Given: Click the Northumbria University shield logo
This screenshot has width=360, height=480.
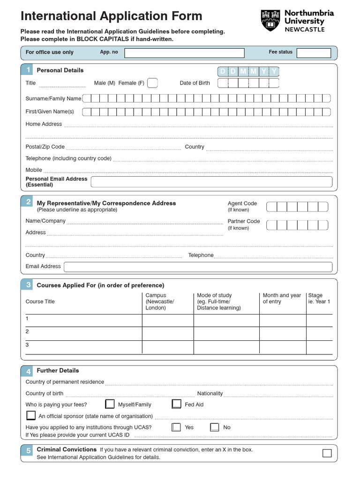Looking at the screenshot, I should point(271,21).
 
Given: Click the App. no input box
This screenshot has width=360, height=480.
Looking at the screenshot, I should point(184,53).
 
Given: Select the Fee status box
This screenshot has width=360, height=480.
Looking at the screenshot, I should point(314,53).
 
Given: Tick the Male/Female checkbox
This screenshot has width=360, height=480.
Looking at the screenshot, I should point(152,83).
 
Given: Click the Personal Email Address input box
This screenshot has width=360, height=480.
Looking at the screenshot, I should point(211,182).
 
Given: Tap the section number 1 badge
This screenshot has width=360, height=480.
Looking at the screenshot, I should point(28,70).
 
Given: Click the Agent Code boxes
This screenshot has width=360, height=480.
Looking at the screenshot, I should point(297,207).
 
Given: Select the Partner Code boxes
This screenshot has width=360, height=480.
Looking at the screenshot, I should point(297,225).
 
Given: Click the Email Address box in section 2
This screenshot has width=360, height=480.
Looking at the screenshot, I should point(198,267).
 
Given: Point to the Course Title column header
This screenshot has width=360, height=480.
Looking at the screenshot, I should point(40,301).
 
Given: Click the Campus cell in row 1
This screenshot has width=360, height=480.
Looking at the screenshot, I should point(168,320).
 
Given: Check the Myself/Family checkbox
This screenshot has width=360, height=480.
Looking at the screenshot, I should point(110,404).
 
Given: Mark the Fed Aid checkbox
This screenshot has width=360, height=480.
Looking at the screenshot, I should point(177,404).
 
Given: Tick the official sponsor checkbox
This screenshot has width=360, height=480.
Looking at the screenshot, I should point(31,415).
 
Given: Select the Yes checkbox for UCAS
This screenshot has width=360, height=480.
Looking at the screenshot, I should point(176,427).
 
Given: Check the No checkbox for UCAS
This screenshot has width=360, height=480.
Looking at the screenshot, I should point(215,427).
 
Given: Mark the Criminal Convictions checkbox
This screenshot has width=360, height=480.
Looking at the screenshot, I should point(327,453).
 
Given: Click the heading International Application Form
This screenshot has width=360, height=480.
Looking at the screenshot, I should point(112,16).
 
